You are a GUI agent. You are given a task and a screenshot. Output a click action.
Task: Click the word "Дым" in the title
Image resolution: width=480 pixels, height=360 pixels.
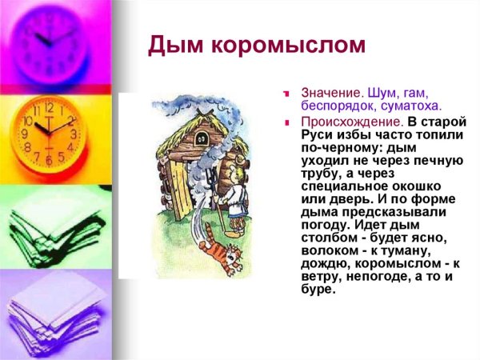[x=170, y=47]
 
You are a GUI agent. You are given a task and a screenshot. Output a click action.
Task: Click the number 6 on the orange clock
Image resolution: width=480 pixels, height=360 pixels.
[x=49, y=160]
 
